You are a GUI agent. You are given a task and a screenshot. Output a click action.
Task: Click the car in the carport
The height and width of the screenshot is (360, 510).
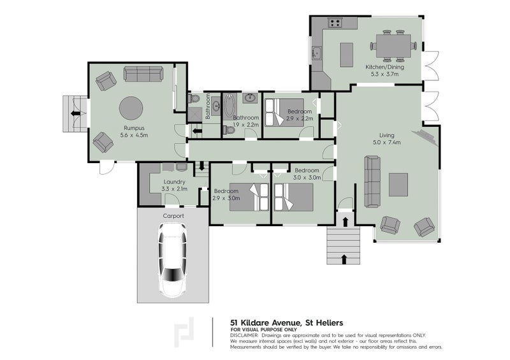point(172,260)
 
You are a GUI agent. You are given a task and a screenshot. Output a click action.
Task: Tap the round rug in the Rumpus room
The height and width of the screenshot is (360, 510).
point(131,108)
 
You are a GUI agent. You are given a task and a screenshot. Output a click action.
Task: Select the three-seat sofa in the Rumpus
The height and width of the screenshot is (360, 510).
point(143,74)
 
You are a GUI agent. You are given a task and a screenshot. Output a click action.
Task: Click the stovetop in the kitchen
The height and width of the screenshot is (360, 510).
point(335,23)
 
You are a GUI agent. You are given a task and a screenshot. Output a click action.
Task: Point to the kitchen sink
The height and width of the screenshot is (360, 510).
point(316,53)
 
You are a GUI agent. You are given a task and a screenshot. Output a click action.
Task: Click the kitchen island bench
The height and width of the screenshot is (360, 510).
point(347,55)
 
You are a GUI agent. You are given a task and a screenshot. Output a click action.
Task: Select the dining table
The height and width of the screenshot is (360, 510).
point(393,46)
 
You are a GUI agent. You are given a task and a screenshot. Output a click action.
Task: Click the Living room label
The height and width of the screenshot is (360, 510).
point(387,135)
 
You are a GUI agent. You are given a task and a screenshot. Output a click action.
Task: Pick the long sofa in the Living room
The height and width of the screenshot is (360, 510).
point(372,182)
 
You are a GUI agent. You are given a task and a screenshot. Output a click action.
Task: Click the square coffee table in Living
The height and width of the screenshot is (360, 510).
point(398,184)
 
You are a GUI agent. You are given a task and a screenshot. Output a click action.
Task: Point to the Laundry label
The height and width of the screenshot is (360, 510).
point(174,182)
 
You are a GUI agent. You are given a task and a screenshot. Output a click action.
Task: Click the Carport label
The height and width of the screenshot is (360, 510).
point(173,216)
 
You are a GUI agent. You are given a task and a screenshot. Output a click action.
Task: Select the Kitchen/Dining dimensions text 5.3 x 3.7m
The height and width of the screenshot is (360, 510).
point(385,74)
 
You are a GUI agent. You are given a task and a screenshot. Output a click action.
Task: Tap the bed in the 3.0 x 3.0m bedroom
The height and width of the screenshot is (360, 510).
point(294,198)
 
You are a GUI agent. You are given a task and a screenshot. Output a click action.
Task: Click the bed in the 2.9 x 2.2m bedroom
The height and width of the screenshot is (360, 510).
point(284,113)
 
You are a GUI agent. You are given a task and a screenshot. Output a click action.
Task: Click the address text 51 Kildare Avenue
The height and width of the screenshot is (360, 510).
point(265,323)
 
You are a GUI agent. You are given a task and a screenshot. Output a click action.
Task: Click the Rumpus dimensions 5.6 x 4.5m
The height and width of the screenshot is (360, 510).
point(134,135)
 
